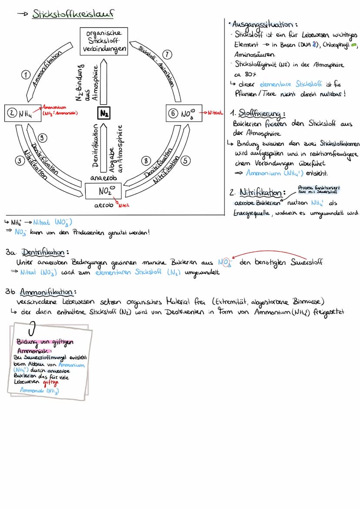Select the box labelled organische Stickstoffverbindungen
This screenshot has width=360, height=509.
(x=104, y=41)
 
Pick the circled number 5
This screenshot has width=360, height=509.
(x=186, y=160)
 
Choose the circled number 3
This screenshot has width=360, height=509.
(x=19, y=161)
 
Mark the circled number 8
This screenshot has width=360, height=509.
(x=147, y=160)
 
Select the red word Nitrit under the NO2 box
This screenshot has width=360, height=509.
(x=125, y=205)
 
